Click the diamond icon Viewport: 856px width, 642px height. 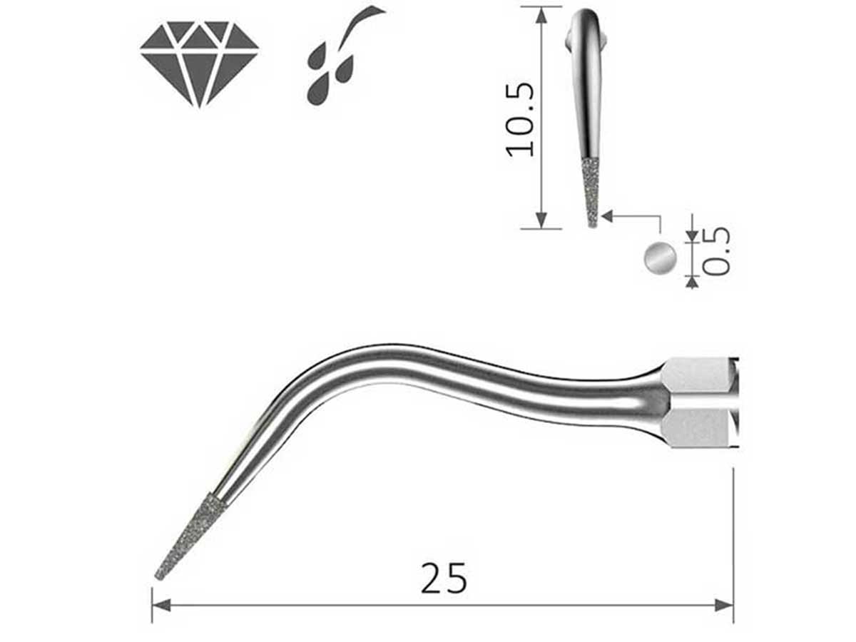click(x=199, y=63)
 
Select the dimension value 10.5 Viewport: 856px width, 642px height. click(x=520, y=118)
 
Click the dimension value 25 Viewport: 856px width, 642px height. click(x=444, y=578)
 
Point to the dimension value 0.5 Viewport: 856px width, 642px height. click(x=715, y=250)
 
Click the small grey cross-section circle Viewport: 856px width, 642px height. click(x=660, y=257)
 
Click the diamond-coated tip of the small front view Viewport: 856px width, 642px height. click(x=591, y=191)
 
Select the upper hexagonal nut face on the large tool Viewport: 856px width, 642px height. click(x=695, y=375)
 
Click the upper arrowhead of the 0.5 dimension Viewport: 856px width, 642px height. click(x=691, y=236)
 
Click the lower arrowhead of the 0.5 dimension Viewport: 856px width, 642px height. click(x=691, y=282)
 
